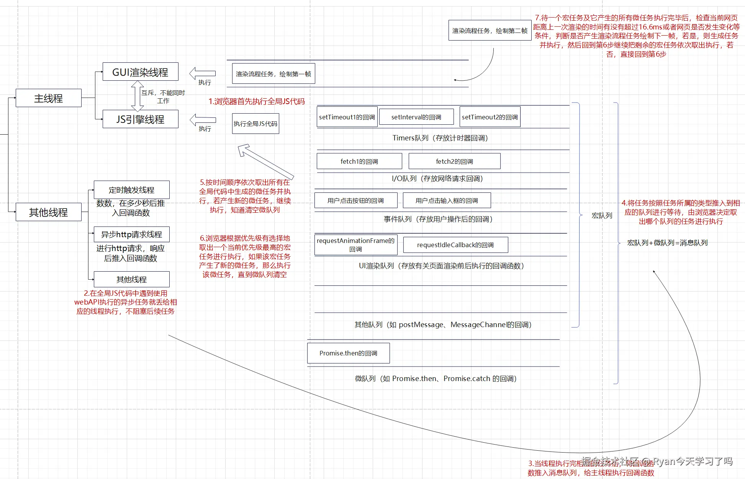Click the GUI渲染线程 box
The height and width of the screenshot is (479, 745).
tap(140, 72)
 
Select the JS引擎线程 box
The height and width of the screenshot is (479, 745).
tap(140, 119)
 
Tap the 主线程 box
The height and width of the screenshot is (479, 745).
tap(48, 98)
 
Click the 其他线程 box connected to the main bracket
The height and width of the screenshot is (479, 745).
tap(48, 212)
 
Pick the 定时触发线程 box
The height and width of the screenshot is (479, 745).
tap(131, 190)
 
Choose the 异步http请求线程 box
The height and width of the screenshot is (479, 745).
tap(131, 234)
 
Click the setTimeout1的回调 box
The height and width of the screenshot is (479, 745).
tap(347, 117)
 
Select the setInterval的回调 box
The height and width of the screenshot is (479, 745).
tap(416, 117)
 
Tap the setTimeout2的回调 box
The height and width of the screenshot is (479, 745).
tap(490, 117)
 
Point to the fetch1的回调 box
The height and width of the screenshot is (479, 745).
tap(359, 161)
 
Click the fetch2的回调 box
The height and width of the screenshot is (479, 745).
tap(454, 161)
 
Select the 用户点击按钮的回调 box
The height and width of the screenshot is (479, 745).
tap(355, 200)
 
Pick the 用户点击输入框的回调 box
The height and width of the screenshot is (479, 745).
tap(447, 200)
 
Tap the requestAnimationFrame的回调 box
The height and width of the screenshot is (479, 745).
tap(355, 245)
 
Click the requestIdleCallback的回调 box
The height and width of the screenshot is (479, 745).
tap(455, 245)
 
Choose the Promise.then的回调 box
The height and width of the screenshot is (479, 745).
tap(348, 353)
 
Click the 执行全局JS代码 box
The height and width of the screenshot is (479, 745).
tap(255, 124)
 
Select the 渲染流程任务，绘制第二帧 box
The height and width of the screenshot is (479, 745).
tap(490, 31)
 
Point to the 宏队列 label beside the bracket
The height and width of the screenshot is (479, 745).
tap(602, 216)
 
